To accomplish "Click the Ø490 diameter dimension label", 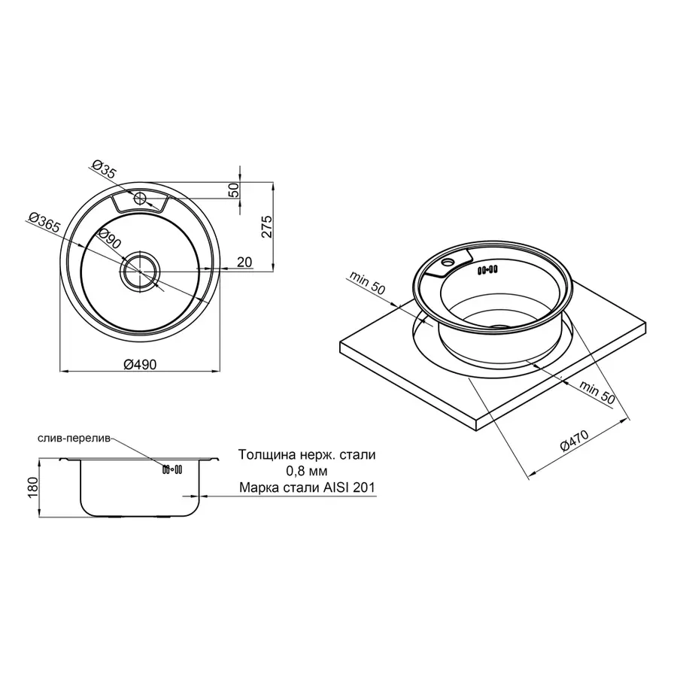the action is (x=141, y=364).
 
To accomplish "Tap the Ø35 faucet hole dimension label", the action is (x=105, y=169).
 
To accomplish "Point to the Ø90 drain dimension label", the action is (x=110, y=238).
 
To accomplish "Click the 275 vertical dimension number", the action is (x=267, y=226).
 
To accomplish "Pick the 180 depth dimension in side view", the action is (x=33, y=488).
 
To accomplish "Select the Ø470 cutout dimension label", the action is (x=574, y=440).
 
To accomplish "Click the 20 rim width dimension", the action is (x=244, y=262).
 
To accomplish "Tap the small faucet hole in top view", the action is (x=140, y=199).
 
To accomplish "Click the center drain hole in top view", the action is (x=141, y=271).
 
